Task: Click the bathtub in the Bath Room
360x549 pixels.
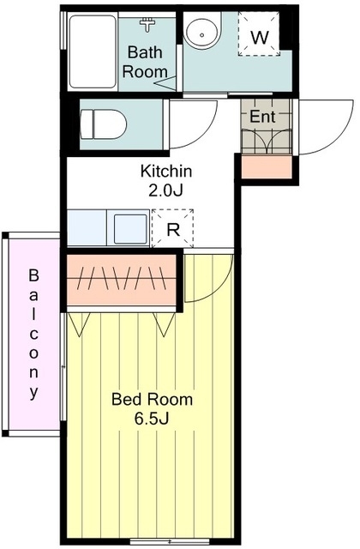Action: tap(93, 51)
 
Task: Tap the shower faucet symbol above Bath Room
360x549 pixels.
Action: tap(148, 25)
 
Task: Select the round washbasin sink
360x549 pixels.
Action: tap(202, 31)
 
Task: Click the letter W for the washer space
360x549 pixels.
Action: tap(260, 37)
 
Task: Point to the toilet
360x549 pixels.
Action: tap(103, 124)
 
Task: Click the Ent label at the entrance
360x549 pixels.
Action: tap(262, 117)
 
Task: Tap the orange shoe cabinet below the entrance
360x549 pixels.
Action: tap(267, 167)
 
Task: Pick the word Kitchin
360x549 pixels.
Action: tap(166, 172)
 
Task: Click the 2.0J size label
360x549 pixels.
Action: tap(165, 190)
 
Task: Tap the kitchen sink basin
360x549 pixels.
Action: tap(130, 228)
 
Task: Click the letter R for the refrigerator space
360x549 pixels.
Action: tap(173, 230)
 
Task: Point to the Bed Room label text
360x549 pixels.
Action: tap(152, 399)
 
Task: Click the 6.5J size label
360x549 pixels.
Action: tap(152, 418)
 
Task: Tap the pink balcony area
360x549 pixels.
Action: tap(34, 334)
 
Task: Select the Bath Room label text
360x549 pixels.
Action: tap(145, 62)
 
